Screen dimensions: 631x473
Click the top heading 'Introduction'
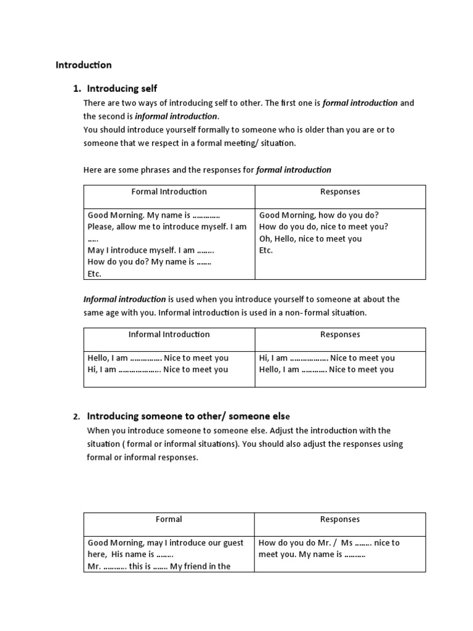click(x=84, y=65)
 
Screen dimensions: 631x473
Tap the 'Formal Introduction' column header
click(x=169, y=192)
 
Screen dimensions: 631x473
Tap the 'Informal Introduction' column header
click(x=169, y=335)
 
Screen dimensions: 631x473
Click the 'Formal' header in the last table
click(x=169, y=519)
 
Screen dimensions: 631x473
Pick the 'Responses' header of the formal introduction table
click(x=340, y=192)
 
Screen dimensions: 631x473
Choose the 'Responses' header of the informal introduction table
click(x=340, y=335)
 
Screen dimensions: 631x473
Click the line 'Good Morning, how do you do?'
click(x=318, y=215)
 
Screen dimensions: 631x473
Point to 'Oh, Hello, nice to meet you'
click(x=310, y=238)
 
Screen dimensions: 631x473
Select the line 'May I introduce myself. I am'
click(x=151, y=250)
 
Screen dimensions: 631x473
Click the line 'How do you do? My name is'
click(x=150, y=262)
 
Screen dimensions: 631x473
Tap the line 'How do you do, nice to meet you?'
click(x=323, y=227)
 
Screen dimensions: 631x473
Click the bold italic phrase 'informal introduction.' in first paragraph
click(x=177, y=116)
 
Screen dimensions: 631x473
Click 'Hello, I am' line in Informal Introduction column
click(x=158, y=358)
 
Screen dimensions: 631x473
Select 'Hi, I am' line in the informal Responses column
click(x=326, y=358)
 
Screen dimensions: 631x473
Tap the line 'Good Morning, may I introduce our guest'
click(x=166, y=543)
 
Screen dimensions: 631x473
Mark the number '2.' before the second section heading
click(x=77, y=417)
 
